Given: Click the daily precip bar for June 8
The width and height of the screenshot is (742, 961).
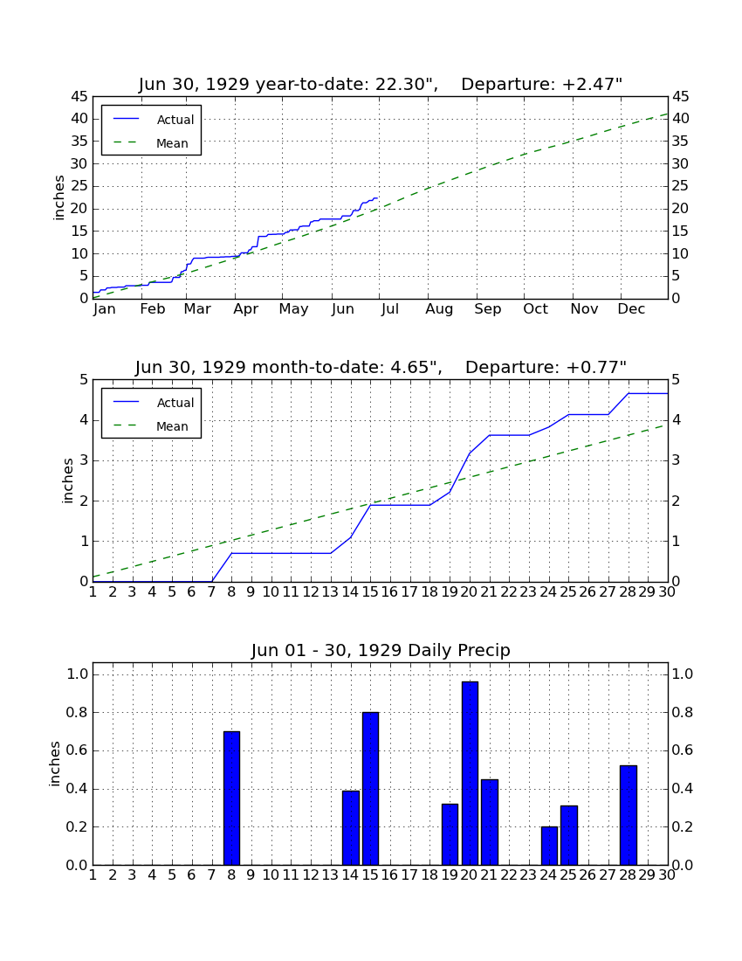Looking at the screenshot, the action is tap(231, 798).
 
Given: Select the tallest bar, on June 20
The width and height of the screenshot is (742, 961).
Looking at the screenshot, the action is tap(470, 773).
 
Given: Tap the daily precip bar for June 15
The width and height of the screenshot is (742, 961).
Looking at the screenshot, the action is tap(370, 789).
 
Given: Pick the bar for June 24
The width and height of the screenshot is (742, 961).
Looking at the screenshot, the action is tap(549, 846).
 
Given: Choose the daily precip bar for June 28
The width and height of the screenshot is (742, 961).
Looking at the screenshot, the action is tap(629, 815).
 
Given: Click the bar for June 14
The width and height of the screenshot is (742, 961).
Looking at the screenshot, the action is tap(351, 828).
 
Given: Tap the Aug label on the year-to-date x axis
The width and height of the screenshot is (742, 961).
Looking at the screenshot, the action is tap(440, 309).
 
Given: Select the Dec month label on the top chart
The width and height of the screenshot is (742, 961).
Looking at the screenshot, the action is tap(631, 309).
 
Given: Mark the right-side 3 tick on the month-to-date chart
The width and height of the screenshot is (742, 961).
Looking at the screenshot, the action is tap(676, 460).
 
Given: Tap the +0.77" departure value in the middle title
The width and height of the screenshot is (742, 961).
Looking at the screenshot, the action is tap(596, 367).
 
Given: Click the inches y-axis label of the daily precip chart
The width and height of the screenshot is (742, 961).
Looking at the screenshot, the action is tap(55, 764).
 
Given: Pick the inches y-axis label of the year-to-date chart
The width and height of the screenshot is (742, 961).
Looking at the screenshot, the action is tap(58, 197).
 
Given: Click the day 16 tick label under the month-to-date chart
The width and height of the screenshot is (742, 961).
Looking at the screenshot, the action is tap(390, 592).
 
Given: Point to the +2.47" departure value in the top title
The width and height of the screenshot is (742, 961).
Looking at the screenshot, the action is tap(592, 84).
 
